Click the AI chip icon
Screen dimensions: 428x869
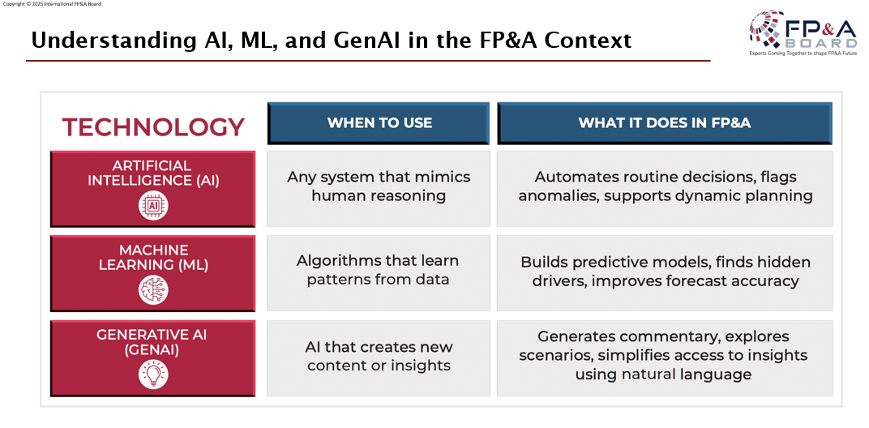point(153,206)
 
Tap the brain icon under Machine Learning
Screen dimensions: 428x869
point(153,290)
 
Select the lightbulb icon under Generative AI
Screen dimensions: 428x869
point(153,374)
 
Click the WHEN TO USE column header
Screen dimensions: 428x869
point(379,123)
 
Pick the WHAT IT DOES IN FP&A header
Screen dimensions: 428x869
point(665,123)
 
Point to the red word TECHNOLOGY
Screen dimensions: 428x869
point(153,127)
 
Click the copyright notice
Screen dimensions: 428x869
point(53,4)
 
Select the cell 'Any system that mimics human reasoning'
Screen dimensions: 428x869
point(379,186)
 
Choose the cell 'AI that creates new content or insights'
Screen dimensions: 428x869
point(379,356)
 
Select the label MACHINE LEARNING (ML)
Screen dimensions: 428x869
point(153,258)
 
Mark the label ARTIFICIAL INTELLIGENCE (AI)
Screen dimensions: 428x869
point(153,173)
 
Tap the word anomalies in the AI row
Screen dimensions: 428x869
point(556,196)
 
